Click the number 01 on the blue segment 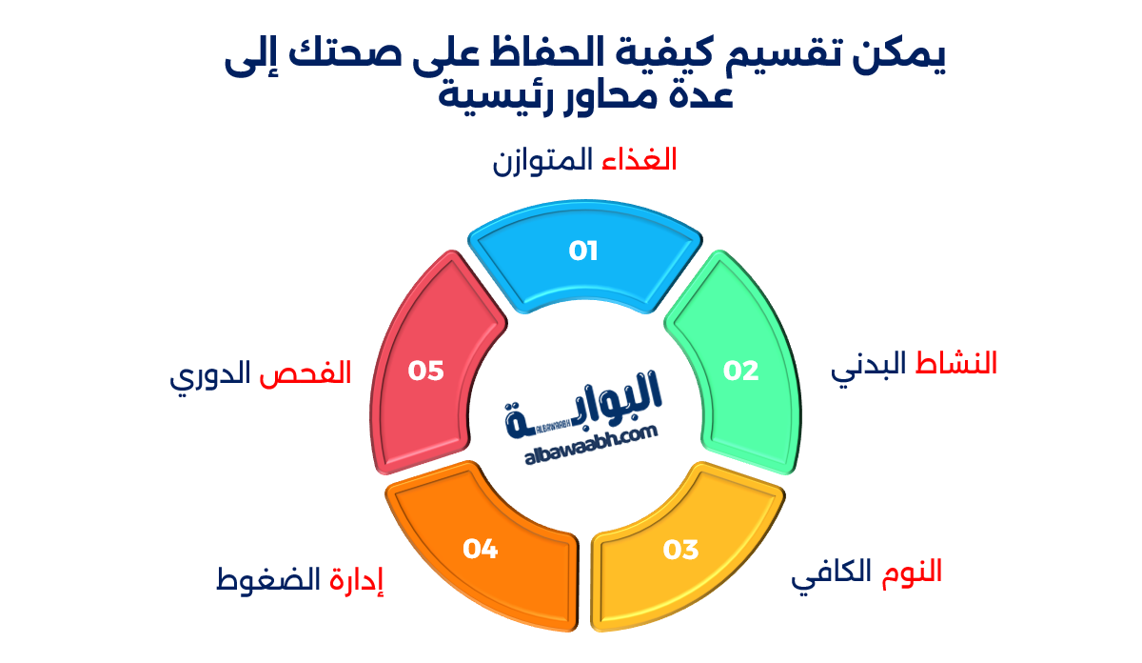(x=582, y=251)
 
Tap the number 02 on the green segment (x=741, y=371)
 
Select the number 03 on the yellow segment (x=680, y=550)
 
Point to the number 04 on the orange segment (x=481, y=549)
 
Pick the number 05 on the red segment (x=426, y=371)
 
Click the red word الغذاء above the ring (x=639, y=159)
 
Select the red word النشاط (x=956, y=364)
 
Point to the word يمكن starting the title (x=899, y=59)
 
